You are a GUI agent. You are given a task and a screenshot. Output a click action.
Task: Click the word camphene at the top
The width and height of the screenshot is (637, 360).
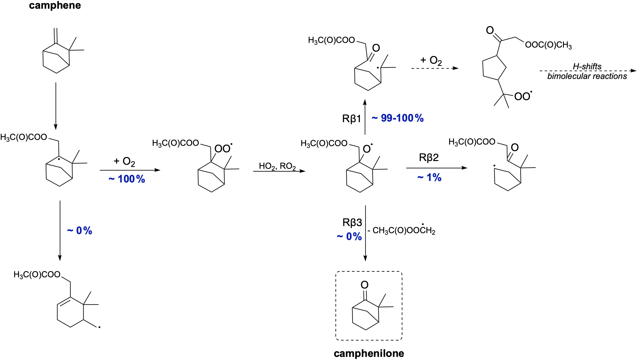point(55,5)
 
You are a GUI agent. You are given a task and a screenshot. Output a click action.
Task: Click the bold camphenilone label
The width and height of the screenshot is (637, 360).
point(369,353)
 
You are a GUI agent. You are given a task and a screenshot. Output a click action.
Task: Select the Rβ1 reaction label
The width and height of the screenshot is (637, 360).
point(351,118)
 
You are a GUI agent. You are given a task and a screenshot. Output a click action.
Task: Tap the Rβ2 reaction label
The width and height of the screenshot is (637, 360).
point(429,158)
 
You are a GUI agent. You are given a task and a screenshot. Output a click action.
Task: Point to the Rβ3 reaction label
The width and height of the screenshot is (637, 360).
point(352,223)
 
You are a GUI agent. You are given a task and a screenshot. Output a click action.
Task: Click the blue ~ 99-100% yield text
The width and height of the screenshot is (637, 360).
point(398,118)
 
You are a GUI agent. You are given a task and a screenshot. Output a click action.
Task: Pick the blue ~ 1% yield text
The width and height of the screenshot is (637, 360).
point(429,178)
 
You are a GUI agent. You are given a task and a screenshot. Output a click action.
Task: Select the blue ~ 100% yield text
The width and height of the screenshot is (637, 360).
point(127,179)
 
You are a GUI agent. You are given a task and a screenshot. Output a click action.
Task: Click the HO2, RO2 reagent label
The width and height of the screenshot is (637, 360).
point(277,166)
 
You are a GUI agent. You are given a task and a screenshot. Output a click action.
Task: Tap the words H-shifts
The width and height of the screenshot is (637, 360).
point(587,66)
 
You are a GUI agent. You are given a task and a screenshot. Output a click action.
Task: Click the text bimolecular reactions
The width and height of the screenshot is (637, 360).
point(587,76)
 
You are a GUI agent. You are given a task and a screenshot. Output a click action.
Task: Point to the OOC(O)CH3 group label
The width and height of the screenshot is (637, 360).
point(548,45)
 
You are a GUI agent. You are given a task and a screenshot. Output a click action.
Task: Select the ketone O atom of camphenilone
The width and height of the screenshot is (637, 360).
point(365,284)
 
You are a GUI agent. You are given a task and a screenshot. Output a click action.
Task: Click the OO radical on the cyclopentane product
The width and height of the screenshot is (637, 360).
point(523,96)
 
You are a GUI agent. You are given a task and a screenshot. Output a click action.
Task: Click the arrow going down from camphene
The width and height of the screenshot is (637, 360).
point(56,106)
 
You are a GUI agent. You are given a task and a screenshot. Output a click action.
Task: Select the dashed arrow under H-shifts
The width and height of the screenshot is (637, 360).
point(588,71)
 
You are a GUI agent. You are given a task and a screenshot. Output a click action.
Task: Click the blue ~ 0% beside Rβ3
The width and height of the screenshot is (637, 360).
point(349,237)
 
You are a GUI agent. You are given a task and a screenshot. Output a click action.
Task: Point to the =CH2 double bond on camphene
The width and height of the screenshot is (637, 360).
point(56,35)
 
